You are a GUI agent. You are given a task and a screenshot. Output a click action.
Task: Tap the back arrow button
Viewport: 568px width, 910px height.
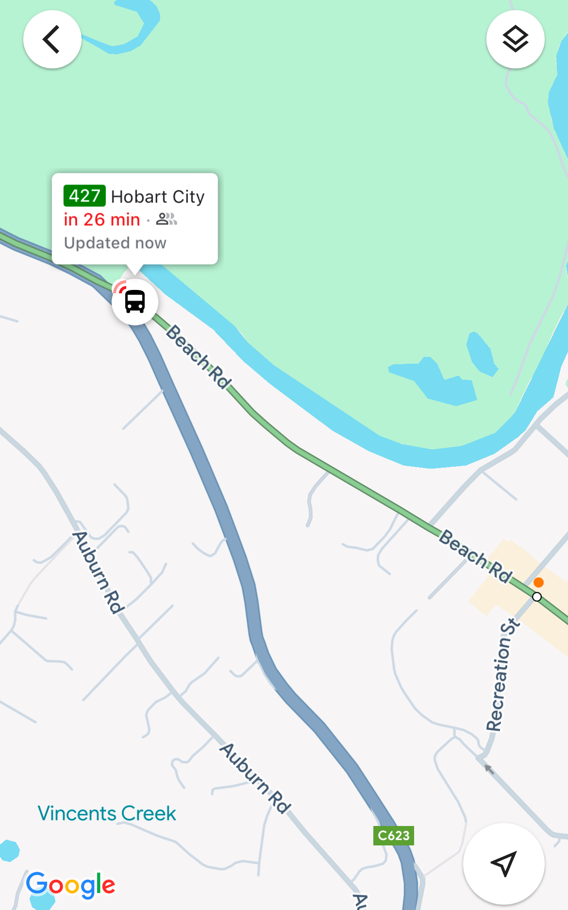(52, 39)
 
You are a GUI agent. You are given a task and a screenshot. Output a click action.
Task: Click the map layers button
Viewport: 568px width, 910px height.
(515, 39)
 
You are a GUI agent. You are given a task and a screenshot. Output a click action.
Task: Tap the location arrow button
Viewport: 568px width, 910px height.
(503, 863)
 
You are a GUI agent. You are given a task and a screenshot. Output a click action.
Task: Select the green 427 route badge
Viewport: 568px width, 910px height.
(84, 196)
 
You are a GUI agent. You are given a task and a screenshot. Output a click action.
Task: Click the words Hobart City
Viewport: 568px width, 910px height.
(158, 197)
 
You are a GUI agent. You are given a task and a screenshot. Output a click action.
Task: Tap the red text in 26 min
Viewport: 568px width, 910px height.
(102, 220)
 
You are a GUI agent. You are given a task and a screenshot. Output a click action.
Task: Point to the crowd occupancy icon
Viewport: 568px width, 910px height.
(167, 219)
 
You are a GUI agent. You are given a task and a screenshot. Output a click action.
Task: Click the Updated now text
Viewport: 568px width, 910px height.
(115, 243)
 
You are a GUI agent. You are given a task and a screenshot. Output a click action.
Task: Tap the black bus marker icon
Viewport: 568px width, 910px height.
(135, 302)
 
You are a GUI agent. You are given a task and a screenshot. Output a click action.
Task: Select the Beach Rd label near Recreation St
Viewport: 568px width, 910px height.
(476, 556)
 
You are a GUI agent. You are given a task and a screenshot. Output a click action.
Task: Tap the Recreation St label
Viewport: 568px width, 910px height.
(502, 675)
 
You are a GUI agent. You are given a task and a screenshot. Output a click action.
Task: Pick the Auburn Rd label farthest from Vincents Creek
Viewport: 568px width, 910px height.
(99, 573)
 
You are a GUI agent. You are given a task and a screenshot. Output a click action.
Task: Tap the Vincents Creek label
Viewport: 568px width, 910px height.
(107, 813)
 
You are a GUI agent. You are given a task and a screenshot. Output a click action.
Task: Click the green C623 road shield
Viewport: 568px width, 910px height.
(394, 836)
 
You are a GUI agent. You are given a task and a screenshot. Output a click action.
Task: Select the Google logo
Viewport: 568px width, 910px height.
(71, 885)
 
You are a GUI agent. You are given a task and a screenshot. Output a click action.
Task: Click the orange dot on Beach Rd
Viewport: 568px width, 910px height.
(538, 582)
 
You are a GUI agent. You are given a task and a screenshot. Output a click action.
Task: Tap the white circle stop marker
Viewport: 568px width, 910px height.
(536, 597)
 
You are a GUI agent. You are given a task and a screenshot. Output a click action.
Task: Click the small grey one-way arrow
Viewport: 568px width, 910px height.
(489, 769)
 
